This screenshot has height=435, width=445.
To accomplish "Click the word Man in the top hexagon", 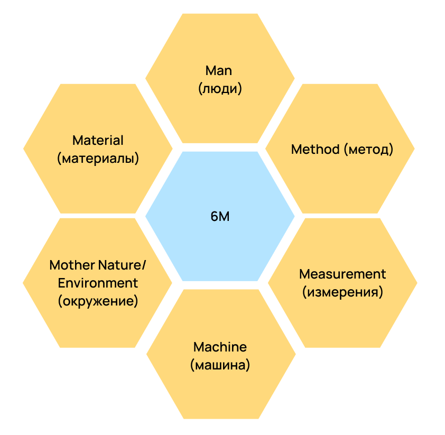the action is pyautogui.click(x=219, y=70).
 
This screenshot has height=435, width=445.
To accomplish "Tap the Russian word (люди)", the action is pyautogui.click(x=220, y=88).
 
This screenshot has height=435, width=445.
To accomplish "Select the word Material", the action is pyautogui.click(x=98, y=140).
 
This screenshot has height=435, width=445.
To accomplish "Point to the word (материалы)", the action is pyautogui.click(x=98, y=158).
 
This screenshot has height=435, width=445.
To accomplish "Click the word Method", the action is pyautogui.click(x=315, y=149).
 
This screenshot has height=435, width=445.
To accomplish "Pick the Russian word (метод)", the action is pyautogui.click(x=368, y=150).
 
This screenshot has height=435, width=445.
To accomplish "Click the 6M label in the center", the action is pyautogui.click(x=220, y=217).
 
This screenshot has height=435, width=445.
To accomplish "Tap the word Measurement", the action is pyautogui.click(x=342, y=274).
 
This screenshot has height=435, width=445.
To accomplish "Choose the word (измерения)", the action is pyautogui.click(x=342, y=292).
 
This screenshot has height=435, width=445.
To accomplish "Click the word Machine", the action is pyautogui.click(x=220, y=347).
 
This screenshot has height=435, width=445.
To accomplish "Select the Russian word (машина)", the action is pyautogui.click(x=220, y=365).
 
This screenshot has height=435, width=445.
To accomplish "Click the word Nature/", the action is pyautogui.click(x=122, y=264).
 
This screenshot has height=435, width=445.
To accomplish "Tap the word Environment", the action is pyautogui.click(x=98, y=283).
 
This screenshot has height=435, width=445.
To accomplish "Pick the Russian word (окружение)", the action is pyautogui.click(x=98, y=301).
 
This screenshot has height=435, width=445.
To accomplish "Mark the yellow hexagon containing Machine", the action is pyautogui.click(x=220, y=391).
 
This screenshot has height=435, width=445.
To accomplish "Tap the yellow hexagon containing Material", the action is pyautogui.click(x=98, y=185).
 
